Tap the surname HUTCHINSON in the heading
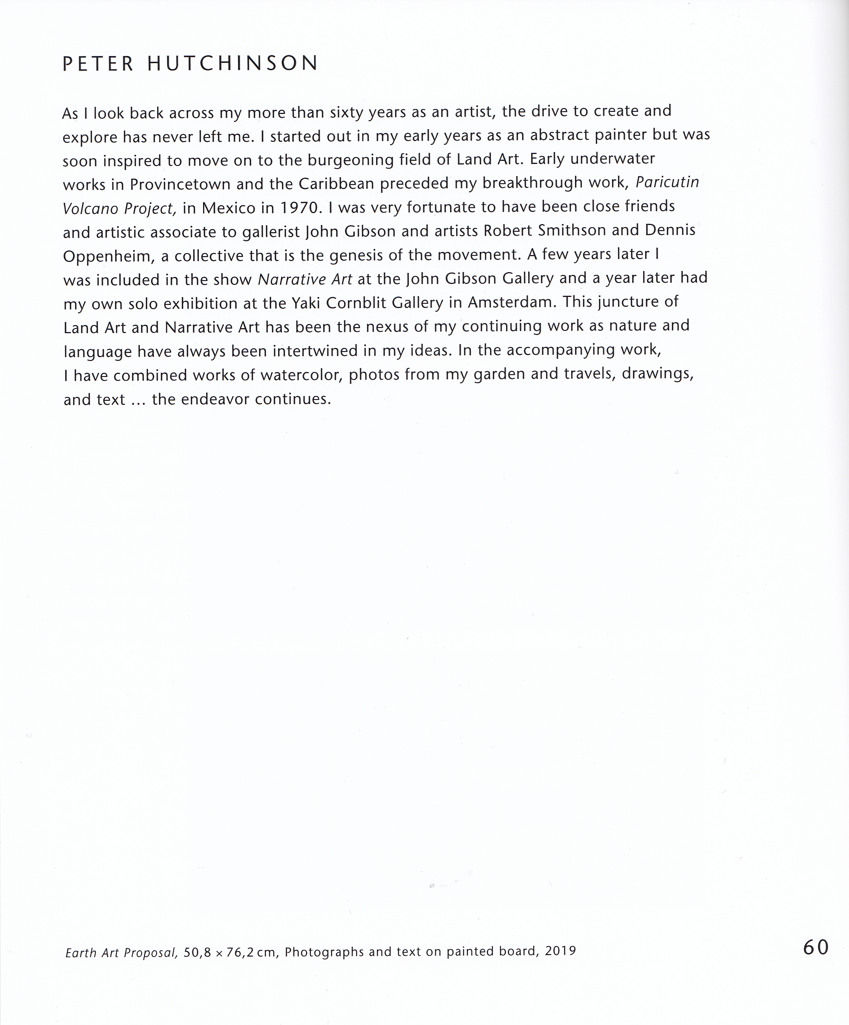[233, 63]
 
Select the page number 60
[815, 947]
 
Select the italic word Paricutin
[667, 182]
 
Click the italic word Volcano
[90, 209]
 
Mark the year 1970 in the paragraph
[299, 207]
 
